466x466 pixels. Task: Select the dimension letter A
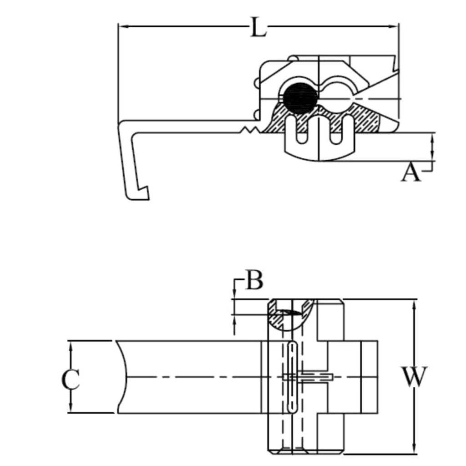(410, 173)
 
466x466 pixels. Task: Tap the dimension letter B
(254, 281)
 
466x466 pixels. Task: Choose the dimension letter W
(414, 377)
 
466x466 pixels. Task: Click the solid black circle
(300, 98)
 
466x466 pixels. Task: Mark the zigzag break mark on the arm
(249, 130)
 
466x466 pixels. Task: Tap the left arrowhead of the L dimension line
(122, 26)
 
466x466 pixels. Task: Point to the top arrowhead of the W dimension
(414, 303)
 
